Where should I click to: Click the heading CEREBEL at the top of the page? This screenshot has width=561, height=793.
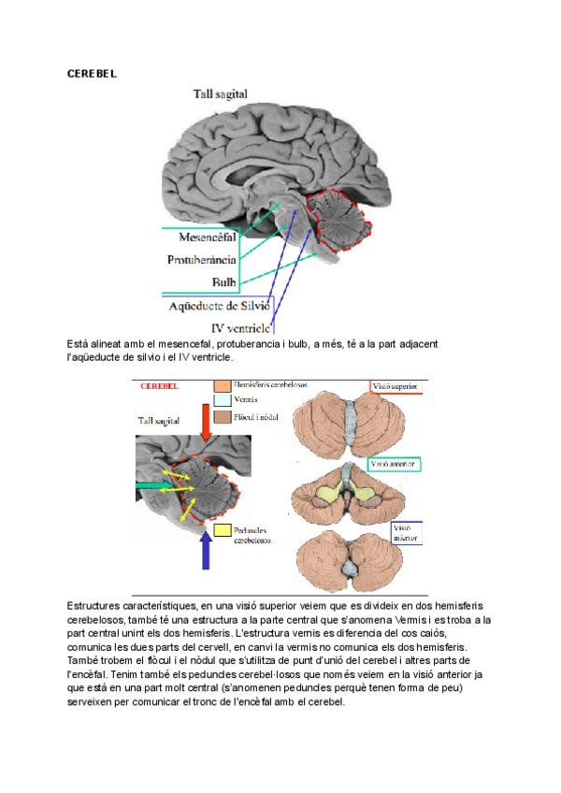[x=92, y=72]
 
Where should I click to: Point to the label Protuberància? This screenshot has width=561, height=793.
[x=202, y=259]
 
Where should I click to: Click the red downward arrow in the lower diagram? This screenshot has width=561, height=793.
[x=207, y=421]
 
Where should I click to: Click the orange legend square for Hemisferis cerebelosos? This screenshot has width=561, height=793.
[x=222, y=384]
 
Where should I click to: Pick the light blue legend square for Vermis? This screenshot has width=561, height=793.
[x=222, y=400]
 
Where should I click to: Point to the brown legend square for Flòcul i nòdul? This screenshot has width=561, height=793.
[x=222, y=416]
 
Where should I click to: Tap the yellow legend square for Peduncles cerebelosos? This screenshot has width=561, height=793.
[x=222, y=530]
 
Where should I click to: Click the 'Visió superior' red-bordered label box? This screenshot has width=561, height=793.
[x=396, y=384]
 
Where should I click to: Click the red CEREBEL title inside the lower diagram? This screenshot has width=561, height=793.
[x=159, y=385]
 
